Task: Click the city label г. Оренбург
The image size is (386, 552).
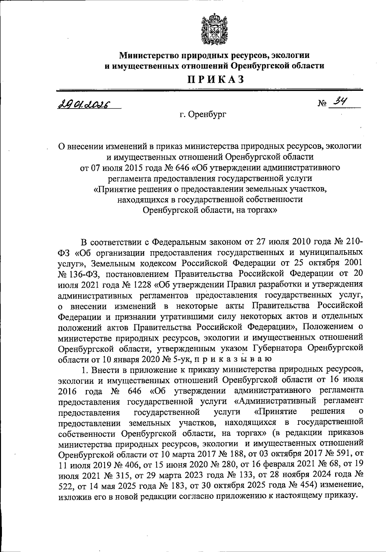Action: click(x=203, y=114)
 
